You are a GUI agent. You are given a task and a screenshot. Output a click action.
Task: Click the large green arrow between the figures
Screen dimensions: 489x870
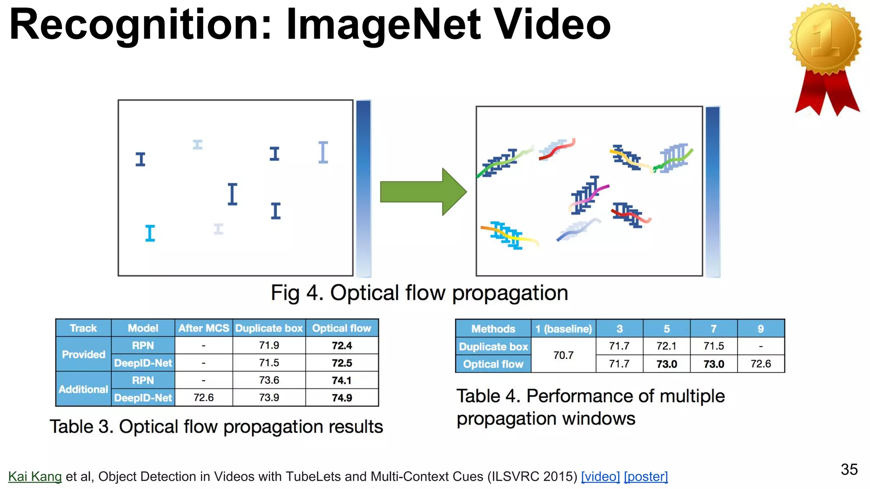coord(423,192)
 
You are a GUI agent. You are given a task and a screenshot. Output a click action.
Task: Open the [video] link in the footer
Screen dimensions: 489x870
coord(600,476)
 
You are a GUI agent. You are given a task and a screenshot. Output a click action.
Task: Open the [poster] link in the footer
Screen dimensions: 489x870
coord(646,476)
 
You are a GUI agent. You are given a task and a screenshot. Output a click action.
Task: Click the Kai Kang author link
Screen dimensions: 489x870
coord(35,476)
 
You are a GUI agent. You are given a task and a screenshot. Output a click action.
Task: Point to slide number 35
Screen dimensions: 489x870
coord(849,469)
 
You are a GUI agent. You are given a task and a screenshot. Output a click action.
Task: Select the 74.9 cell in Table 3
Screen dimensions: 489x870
coord(342,398)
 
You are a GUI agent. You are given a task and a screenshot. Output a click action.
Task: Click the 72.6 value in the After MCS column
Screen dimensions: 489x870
coord(203,398)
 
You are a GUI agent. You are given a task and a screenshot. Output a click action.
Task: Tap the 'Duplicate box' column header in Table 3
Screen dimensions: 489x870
coord(269,328)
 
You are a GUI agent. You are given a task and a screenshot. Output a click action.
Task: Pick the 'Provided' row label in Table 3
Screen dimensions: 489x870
coord(83,354)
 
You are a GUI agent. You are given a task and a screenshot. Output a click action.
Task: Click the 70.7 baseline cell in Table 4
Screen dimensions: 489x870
coord(563,355)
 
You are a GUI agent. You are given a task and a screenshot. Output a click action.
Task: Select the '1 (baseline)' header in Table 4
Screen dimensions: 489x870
coord(563,329)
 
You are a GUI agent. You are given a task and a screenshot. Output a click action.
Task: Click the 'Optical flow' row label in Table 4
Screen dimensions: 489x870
coord(493,364)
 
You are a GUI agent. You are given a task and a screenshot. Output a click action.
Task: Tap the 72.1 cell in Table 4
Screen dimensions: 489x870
coord(666,346)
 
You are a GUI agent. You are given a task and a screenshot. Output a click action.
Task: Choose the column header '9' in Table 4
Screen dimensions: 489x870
coord(760,329)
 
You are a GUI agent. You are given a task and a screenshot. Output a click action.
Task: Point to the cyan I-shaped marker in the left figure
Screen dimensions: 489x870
coord(150,233)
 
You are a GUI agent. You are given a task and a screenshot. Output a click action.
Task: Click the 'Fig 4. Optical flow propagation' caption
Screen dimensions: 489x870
coord(419,293)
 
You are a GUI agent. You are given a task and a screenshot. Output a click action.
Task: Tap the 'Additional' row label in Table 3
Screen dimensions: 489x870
coord(83,389)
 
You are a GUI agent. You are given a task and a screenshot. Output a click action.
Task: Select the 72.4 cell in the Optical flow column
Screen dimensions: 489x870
coord(342,346)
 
